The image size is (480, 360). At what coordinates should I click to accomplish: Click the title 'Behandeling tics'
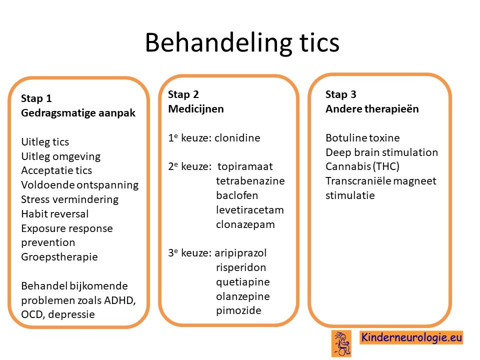point(242,43)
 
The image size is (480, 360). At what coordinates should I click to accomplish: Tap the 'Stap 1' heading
point(36,98)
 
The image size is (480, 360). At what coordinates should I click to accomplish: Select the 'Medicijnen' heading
point(196,109)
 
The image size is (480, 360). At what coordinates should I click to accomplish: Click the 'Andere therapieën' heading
point(372,109)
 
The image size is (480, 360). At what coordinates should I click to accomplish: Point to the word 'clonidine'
point(237,138)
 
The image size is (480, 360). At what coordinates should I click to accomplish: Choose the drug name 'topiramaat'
point(245,166)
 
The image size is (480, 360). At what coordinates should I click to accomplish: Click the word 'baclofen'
point(237,195)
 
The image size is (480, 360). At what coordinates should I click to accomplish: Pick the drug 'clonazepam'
point(245,224)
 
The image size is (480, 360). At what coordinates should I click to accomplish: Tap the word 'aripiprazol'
point(240,253)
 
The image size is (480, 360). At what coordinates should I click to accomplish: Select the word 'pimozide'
point(238,310)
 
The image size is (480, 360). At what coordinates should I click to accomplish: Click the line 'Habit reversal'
point(55,213)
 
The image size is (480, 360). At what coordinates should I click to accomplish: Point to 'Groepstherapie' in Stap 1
point(59,257)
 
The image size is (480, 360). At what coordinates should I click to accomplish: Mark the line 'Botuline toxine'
point(362,138)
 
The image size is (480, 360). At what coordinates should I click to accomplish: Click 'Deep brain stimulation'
point(381,152)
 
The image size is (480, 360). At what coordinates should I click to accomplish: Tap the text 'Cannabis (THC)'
point(362,166)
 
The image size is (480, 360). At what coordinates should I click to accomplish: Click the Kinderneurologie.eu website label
point(411,337)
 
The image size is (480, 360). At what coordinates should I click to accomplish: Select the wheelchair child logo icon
point(341,343)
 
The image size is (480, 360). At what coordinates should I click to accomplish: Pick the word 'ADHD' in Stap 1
point(119,300)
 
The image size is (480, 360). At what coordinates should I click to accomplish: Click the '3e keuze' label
point(189,253)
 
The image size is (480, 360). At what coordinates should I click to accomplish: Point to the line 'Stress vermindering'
point(70,199)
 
